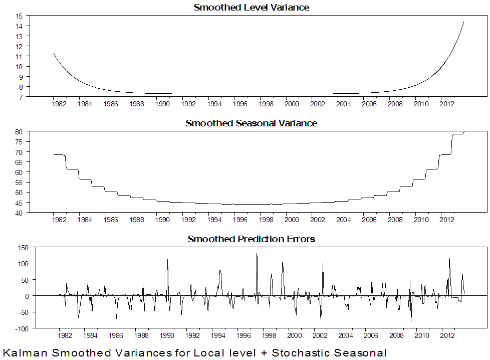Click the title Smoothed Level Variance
pos(251,8)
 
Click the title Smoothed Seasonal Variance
pos(251,123)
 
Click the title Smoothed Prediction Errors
pos(251,239)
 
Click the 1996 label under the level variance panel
pos(239,104)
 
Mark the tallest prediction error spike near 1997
pos(257,254)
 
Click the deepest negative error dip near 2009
pos(411,321)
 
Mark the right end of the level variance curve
pos(463,22)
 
